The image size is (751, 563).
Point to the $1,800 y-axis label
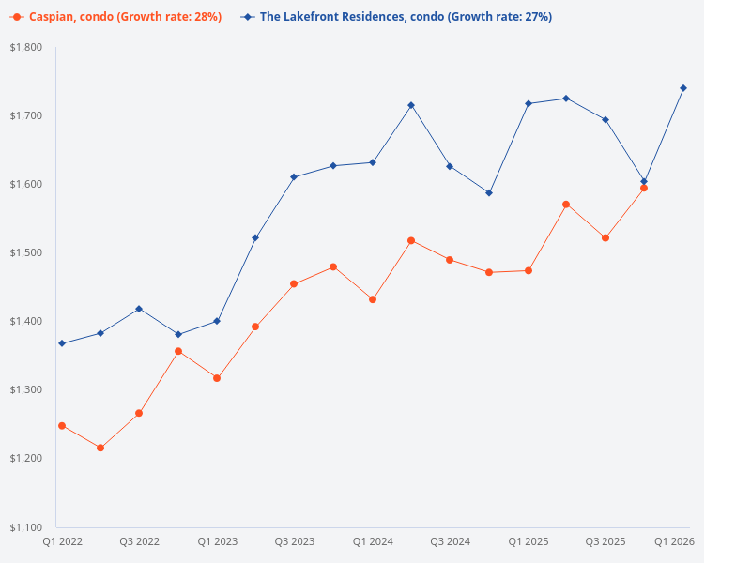pos(27,47)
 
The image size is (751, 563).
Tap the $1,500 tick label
pos(27,252)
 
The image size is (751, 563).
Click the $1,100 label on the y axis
pos(27,526)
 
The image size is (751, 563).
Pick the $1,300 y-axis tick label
pos(27,389)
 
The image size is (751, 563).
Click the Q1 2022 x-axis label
pos(62,541)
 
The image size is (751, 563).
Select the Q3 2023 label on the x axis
pos(295,541)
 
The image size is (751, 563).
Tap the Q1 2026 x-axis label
pos(674,541)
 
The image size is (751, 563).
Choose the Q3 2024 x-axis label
pos(450,541)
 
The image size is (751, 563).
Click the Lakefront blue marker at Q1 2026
pos(682,88)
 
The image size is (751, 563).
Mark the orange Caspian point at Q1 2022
pos(62,426)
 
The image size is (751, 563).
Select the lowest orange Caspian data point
pos(100,448)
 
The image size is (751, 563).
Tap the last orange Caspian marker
pos(644,188)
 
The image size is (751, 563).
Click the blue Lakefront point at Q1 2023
pos(217,321)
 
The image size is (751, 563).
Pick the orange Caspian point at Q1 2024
pos(373,299)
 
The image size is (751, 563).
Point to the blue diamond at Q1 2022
pos(62,343)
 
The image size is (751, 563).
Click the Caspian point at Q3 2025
pos(605,238)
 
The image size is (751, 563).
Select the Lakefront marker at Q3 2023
pos(295,176)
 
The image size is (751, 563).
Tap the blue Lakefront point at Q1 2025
pos(528,103)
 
